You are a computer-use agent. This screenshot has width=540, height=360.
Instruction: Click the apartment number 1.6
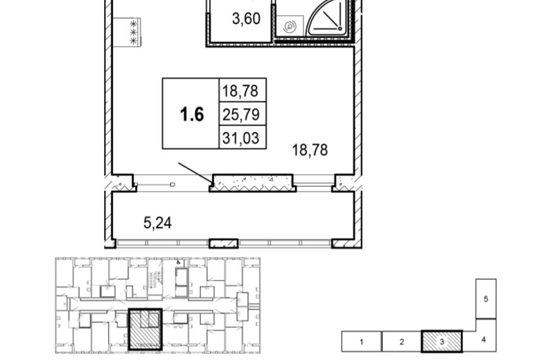192,114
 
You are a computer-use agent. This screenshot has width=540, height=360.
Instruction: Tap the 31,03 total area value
241,138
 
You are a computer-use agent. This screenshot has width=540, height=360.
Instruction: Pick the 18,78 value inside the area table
240,91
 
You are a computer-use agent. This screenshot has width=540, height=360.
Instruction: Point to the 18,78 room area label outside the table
309,150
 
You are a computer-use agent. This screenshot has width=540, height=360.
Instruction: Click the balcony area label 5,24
157,223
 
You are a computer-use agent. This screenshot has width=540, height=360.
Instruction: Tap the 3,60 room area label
246,19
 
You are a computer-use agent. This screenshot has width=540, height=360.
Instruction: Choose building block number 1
361,341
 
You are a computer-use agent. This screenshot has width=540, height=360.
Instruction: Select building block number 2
402,341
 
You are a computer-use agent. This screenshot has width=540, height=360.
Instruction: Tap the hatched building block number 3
442,341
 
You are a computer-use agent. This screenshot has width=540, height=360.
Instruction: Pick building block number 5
486,299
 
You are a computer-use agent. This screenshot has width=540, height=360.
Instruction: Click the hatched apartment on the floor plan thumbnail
145,329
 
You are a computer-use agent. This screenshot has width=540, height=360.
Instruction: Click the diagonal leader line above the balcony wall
196,173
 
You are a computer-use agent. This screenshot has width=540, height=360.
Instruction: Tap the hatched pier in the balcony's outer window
223,244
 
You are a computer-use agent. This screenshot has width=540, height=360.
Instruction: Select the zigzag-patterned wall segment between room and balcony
253,183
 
